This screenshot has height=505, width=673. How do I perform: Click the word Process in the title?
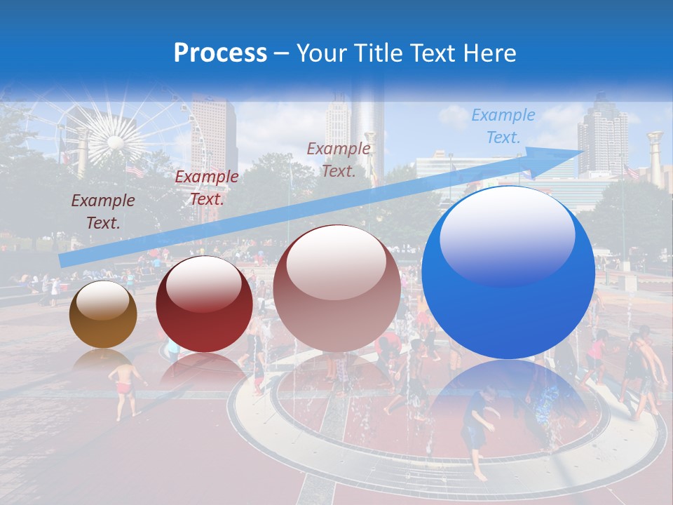tap(220, 53)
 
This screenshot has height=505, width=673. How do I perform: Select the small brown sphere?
tap(103, 314)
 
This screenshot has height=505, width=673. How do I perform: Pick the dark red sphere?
tap(204, 304)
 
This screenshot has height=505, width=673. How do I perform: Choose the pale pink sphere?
tap(336, 289)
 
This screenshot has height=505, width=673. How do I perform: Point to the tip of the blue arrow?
tap(583, 150)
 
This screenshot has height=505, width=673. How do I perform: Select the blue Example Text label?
tap(503, 126)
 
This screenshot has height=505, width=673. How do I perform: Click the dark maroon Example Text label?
tap(102, 212)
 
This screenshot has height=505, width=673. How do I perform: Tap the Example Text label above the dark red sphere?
tap(206, 188)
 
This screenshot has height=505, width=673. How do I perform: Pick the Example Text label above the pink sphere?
tap(339, 159)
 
